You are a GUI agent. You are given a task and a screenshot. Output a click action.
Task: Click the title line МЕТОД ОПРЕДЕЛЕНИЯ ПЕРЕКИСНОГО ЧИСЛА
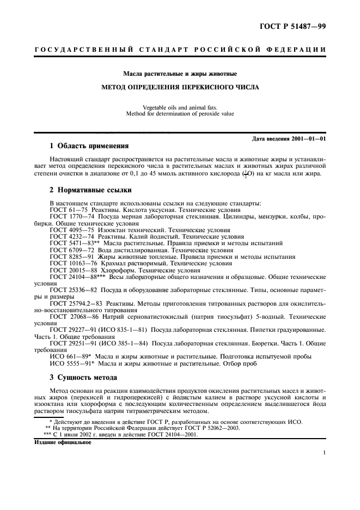point(180,87)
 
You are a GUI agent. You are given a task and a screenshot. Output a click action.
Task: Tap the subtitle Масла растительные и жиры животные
point(180,73)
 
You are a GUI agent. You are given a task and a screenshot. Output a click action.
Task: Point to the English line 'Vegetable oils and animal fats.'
point(180,107)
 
